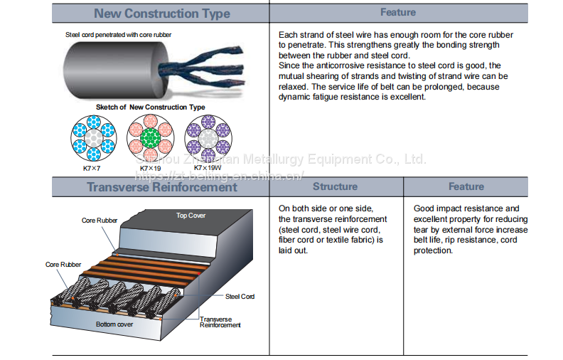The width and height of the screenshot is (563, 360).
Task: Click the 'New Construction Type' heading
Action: [x=162, y=14]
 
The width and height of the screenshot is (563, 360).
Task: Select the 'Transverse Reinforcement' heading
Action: [x=162, y=187]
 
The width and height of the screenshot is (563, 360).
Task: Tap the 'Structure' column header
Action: [x=335, y=186]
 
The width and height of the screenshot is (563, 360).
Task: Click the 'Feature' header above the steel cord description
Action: [x=398, y=12]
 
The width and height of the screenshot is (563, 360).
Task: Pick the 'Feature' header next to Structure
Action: [x=466, y=186]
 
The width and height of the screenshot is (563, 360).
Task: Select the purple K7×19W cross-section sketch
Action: [x=207, y=138]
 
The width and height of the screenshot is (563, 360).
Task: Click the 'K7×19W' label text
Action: [x=207, y=167]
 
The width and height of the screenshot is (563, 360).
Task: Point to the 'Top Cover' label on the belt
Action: [x=191, y=216]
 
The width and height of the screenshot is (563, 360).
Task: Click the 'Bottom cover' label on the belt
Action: [x=114, y=324]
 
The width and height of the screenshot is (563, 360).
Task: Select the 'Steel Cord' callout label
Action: [x=240, y=296]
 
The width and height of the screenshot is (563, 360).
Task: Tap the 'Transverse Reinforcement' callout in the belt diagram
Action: [x=220, y=322]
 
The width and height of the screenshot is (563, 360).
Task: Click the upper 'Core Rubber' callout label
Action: [x=99, y=221]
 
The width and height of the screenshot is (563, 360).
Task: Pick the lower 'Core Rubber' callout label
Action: [x=63, y=265]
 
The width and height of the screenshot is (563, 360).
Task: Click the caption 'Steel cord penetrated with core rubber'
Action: [x=119, y=34]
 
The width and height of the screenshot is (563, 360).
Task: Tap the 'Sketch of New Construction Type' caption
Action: [x=151, y=107]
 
